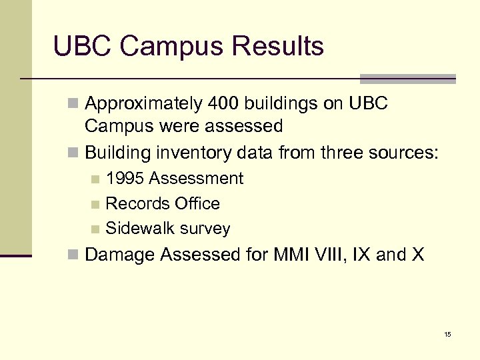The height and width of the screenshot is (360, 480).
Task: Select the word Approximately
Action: tap(144, 104)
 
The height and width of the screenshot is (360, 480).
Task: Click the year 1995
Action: tap(125, 179)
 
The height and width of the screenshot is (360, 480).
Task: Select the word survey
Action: tap(206, 229)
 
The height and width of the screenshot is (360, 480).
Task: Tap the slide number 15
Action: tap(447, 334)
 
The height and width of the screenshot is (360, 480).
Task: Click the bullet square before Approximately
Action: tap(76, 105)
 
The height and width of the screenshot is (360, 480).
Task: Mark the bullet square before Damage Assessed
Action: tap(76, 255)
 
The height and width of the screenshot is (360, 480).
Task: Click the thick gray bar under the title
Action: tap(407, 79)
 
